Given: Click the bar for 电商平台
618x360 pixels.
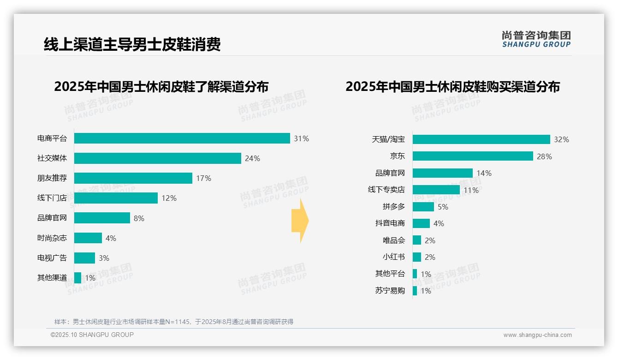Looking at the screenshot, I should (182, 138).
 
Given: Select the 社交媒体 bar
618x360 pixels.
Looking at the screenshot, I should (157, 158).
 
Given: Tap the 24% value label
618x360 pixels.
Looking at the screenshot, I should (252, 158).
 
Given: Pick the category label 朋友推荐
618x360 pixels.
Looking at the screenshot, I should (52, 178).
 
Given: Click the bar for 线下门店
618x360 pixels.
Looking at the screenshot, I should (116, 198).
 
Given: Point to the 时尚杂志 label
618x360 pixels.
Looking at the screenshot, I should (52, 238).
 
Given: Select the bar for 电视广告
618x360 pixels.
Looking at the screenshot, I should (84, 258).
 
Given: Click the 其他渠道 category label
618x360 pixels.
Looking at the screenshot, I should (52, 278).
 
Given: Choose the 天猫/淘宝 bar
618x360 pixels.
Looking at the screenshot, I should (481, 139).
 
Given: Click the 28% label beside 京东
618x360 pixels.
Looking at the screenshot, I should (544, 156).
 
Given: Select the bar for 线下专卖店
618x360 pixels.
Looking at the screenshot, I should (436, 190).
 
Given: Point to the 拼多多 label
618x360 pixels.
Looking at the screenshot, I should (393, 207).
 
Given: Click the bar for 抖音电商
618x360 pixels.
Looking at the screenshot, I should (421, 223).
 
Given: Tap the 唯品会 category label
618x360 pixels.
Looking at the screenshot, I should (393, 240).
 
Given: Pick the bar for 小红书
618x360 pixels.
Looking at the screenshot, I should (417, 257).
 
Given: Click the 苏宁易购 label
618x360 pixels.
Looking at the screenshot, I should (390, 291).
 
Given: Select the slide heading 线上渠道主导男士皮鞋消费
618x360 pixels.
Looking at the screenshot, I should (132, 44).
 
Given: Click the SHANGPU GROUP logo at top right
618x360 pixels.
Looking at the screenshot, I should (536, 39).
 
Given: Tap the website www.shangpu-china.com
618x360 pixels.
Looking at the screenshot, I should (537, 335).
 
